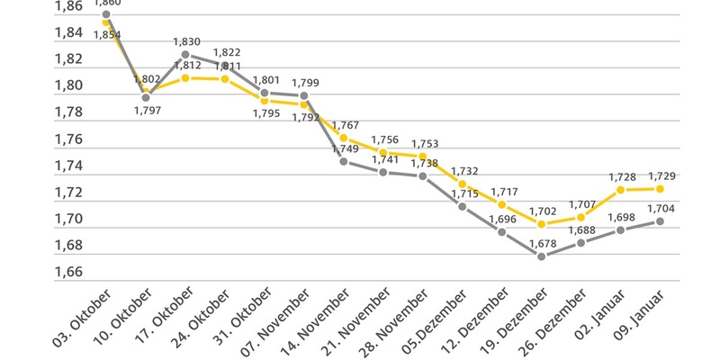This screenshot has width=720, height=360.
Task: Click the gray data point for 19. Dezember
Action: [x=541, y=256]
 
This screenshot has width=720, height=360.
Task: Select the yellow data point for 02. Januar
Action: [x=620, y=190]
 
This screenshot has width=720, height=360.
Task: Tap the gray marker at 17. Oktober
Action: [x=184, y=54]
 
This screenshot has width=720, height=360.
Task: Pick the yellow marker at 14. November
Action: [x=343, y=138]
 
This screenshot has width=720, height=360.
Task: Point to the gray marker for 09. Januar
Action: [x=660, y=220]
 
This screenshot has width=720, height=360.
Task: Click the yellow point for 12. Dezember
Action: [x=501, y=205]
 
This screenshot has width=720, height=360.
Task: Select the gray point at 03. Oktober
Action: [x=106, y=14]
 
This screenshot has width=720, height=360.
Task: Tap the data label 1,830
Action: [x=187, y=41]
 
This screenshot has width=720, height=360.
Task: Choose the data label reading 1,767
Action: [x=346, y=125]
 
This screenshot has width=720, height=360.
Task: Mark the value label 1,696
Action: [x=500, y=219]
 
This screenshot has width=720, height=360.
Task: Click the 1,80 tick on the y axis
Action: [x=68, y=85]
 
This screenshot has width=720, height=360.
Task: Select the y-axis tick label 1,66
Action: [x=68, y=272]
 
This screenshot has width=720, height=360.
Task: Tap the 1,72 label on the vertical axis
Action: [x=68, y=193]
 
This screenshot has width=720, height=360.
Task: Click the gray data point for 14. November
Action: [x=343, y=161]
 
